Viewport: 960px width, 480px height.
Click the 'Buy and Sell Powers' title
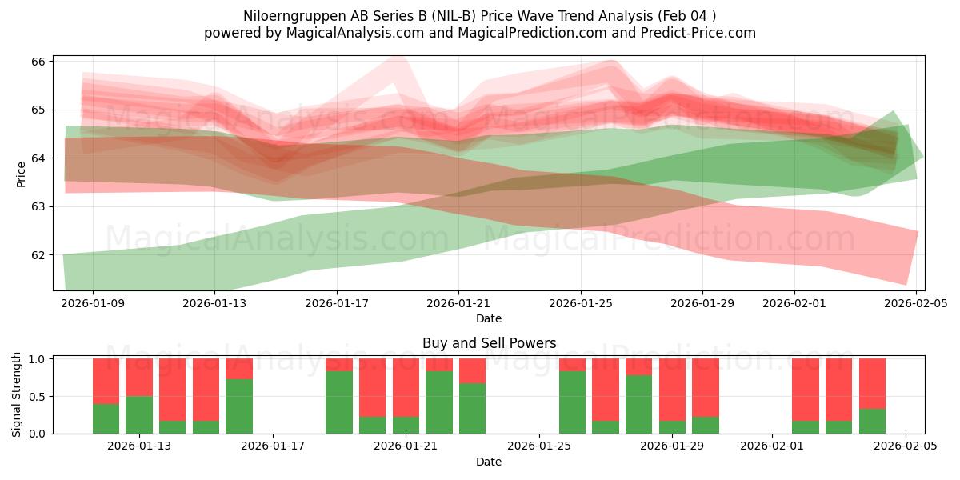(489, 344)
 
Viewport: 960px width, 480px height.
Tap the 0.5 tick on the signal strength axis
(37, 397)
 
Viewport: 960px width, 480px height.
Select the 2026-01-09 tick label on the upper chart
(93, 304)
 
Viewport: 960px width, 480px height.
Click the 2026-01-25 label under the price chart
(581, 304)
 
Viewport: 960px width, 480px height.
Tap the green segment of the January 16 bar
(239, 406)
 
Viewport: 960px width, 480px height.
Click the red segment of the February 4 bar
(872, 383)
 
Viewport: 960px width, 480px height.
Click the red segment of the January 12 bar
(106, 381)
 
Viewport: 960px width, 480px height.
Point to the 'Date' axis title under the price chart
(489, 318)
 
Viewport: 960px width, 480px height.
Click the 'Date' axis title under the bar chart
(489, 462)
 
